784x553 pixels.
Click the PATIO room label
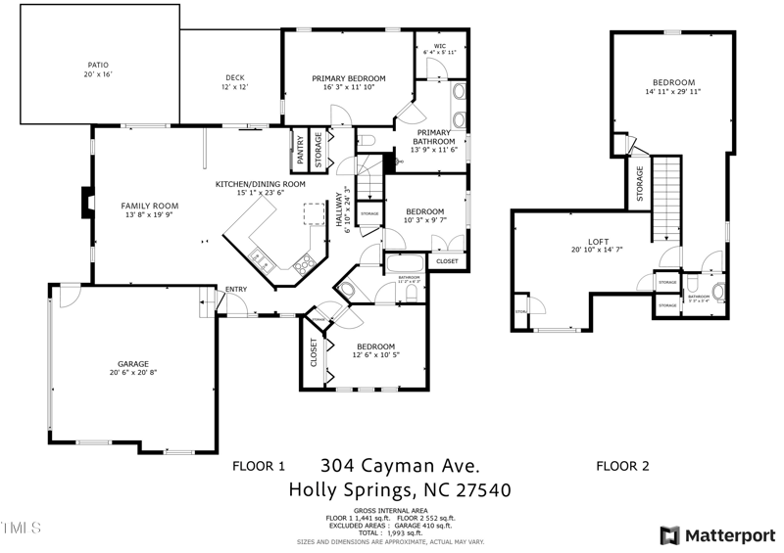[x=99, y=65]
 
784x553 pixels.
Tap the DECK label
[x=233, y=77]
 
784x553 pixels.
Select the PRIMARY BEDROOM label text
[x=348, y=78]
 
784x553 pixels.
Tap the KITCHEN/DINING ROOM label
[x=260, y=183]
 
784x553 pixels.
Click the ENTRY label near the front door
[x=236, y=289]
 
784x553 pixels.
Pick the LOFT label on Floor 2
[x=598, y=241]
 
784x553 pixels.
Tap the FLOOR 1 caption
[x=258, y=467]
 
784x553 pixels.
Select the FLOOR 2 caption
[x=622, y=467]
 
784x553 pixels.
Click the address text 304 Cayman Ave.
[x=400, y=465]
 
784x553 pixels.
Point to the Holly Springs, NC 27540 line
[x=399, y=489]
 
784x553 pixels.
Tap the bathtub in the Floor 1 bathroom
[x=403, y=263]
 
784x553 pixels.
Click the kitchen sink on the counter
[x=262, y=259]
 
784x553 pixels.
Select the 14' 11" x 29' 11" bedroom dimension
[x=673, y=92]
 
